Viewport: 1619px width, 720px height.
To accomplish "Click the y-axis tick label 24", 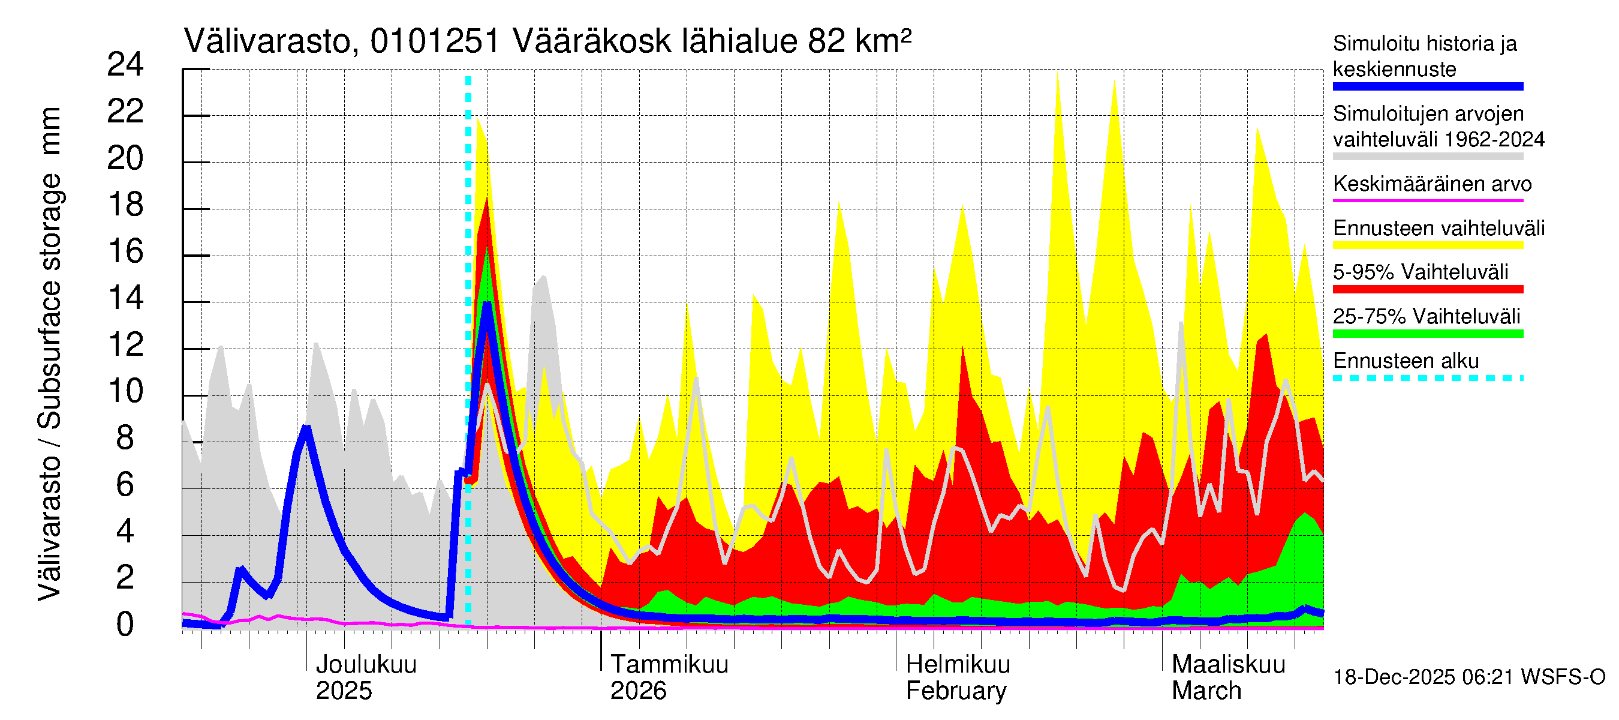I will [125, 65].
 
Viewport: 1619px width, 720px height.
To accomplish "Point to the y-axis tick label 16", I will [125, 251].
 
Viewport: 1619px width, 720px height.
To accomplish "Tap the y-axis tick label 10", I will [125, 392].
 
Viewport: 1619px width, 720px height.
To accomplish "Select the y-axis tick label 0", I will [125, 625].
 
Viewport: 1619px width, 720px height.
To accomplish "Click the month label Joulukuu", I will [366, 665].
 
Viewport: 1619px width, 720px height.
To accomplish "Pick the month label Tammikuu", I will [669, 665].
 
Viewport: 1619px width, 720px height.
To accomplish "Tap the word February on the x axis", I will [955, 691].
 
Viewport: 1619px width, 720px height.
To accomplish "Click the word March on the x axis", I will [1206, 691].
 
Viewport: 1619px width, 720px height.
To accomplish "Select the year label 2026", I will [638, 691].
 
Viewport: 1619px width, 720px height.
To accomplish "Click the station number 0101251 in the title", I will [435, 42].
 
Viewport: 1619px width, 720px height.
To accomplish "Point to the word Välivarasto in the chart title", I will [267, 42].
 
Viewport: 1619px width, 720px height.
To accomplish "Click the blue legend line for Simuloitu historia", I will [1427, 87].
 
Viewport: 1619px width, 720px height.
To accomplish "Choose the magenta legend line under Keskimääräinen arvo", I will [1427, 200].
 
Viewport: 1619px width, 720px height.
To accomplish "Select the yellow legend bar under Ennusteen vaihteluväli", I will [1427, 245].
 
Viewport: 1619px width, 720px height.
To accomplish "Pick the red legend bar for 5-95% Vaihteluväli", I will [1427, 289].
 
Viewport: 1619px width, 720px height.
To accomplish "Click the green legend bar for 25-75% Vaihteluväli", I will [1427, 334].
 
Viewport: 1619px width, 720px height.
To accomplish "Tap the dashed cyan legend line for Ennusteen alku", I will [1427, 378].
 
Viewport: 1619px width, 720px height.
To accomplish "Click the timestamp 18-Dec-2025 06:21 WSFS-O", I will [1468, 677].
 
